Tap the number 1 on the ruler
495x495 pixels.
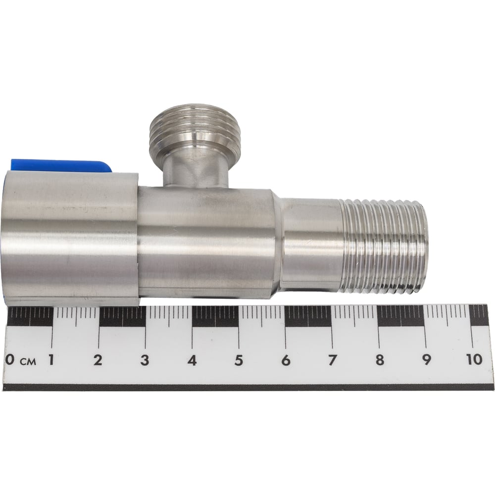click(50, 360)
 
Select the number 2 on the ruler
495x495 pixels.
click(98, 360)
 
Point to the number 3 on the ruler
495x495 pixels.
click(145, 360)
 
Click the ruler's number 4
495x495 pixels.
click(192, 360)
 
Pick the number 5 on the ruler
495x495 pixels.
click(239, 360)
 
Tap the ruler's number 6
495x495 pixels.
click(286, 360)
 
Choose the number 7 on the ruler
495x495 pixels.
click(332, 360)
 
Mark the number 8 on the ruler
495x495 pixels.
click(380, 360)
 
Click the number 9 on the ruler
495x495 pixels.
click(427, 360)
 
